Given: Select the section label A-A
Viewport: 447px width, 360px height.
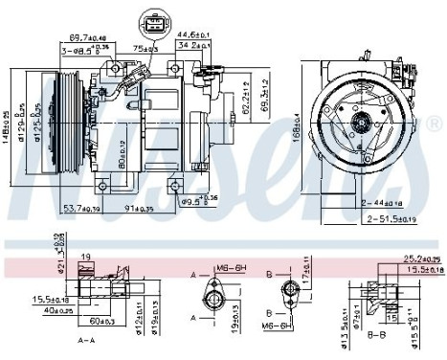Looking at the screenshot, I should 87,339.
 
